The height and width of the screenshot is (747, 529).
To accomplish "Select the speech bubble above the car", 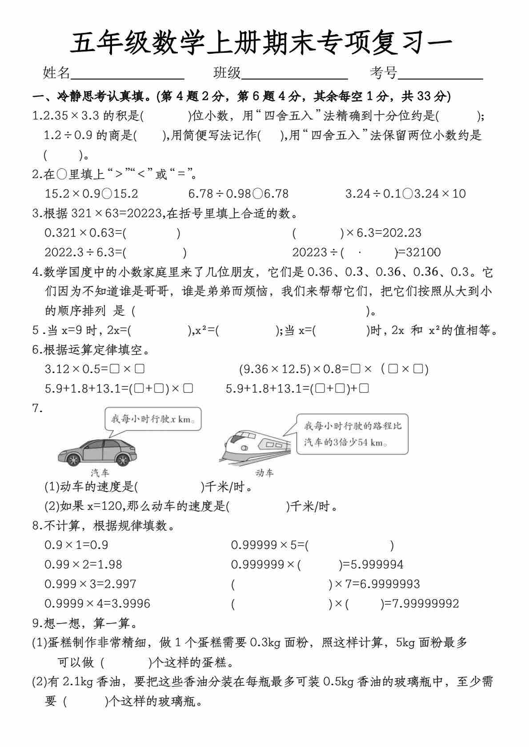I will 152,419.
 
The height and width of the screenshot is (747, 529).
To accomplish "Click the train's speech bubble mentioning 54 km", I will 352,434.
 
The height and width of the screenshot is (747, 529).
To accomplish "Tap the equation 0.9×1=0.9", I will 76,545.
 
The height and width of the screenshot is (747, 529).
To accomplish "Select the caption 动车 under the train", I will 264,473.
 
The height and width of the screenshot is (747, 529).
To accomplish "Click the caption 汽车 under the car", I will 100,473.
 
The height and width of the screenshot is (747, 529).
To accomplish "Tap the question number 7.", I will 37,409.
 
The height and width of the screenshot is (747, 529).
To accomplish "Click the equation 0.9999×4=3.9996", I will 97,604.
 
